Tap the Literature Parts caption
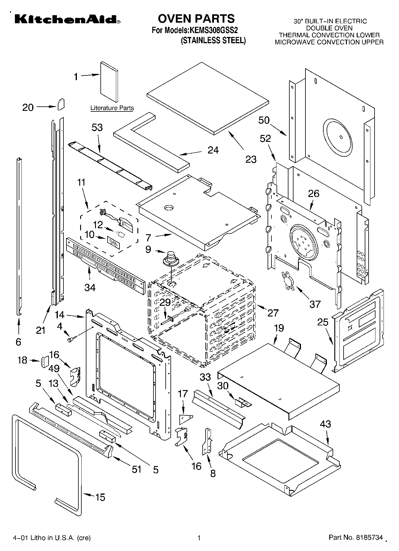[112, 108]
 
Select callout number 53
[97, 128]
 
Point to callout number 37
[315, 304]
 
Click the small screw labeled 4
[72, 339]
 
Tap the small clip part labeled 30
[243, 402]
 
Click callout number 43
[325, 424]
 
